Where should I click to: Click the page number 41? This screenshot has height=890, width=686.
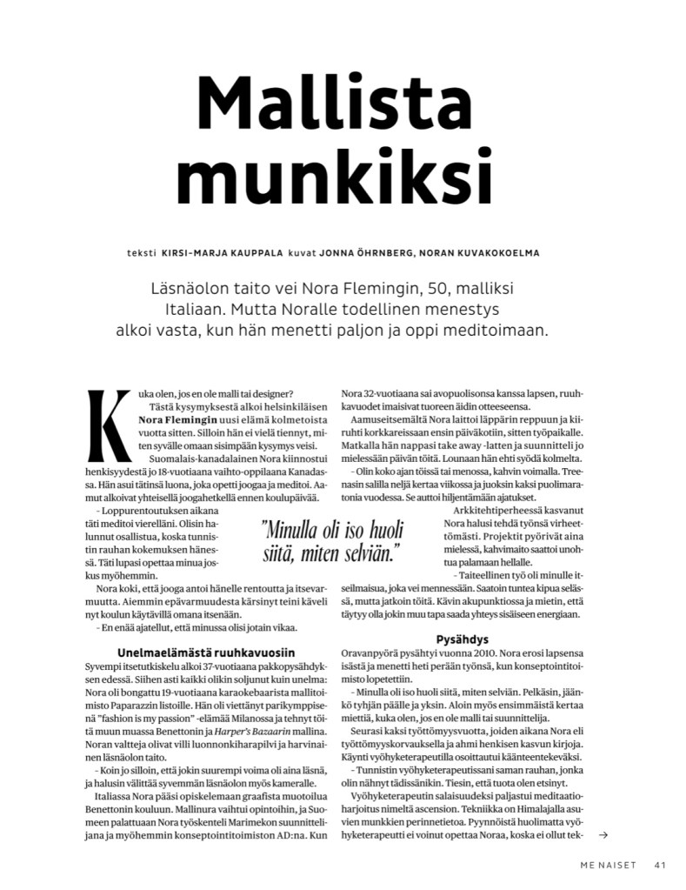coord(660,865)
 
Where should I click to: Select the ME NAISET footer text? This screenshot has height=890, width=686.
coord(609,865)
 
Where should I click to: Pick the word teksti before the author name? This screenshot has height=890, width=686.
coord(141,253)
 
